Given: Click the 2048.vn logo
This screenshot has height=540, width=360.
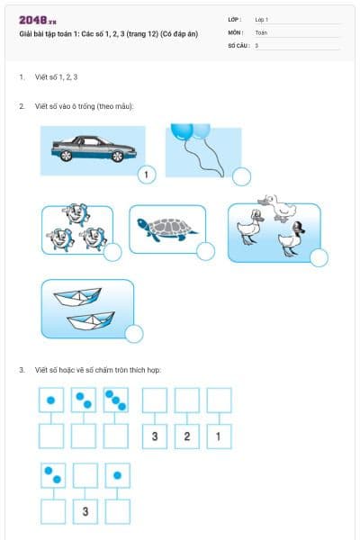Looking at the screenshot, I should (37, 20).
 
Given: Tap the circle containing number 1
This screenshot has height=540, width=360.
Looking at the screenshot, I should (146, 175).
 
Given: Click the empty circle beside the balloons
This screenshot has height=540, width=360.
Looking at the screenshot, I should (241, 175).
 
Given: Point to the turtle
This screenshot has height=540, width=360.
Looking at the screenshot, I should (166, 230).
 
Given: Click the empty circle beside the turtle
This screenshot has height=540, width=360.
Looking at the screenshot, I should (205, 251).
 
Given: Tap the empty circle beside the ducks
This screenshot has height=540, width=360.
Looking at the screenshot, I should (319, 257).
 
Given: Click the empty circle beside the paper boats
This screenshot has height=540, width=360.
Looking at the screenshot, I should (133, 335).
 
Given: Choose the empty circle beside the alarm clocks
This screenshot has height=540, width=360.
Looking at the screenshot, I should (112, 253).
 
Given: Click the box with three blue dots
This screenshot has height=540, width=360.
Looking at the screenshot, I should (116, 400).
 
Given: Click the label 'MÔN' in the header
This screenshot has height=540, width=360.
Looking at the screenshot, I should (236, 31).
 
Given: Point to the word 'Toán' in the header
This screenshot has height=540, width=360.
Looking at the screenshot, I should (261, 31).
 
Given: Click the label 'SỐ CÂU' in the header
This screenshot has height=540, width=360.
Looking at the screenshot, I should (238, 44).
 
